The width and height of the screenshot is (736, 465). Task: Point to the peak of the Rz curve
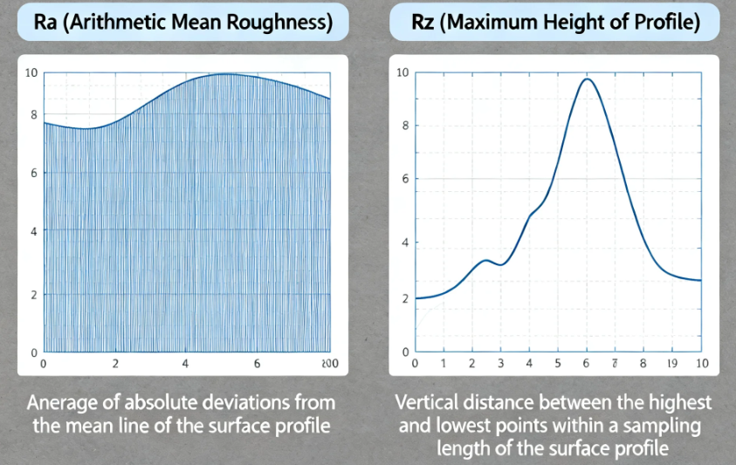pyautogui.click(x=587, y=79)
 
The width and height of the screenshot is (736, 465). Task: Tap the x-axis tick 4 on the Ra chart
pyautogui.click(x=185, y=363)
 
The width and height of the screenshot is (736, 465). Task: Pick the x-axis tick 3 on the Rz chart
pyautogui.click(x=500, y=363)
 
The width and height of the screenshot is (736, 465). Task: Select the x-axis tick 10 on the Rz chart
pyautogui.click(x=700, y=363)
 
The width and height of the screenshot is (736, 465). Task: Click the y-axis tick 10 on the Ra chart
pyautogui.click(x=31, y=72)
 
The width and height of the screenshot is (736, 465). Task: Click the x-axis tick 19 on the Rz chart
pyautogui.click(x=672, y=363)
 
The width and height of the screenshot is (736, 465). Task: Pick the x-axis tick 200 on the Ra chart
pyautogui.click(x=327, y=363)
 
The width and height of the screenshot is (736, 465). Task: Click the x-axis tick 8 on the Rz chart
pyautogui.click(x=643, y=363)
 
